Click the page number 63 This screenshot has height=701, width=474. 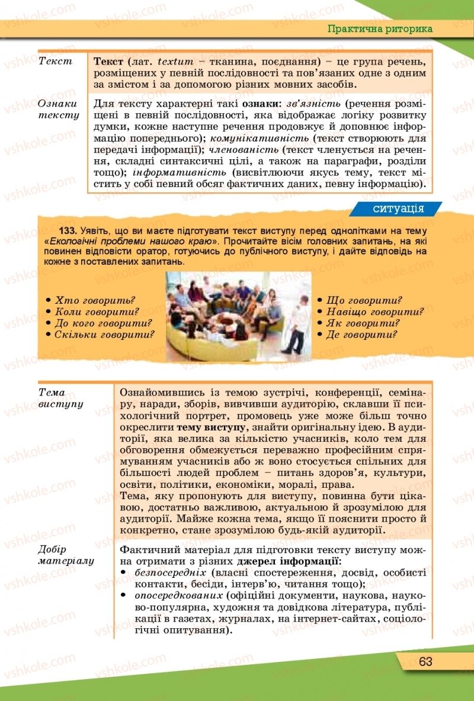[425, 661]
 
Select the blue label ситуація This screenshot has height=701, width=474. [398, 208]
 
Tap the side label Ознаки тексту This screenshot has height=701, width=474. [58, 109]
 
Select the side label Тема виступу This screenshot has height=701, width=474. [59, 398]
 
